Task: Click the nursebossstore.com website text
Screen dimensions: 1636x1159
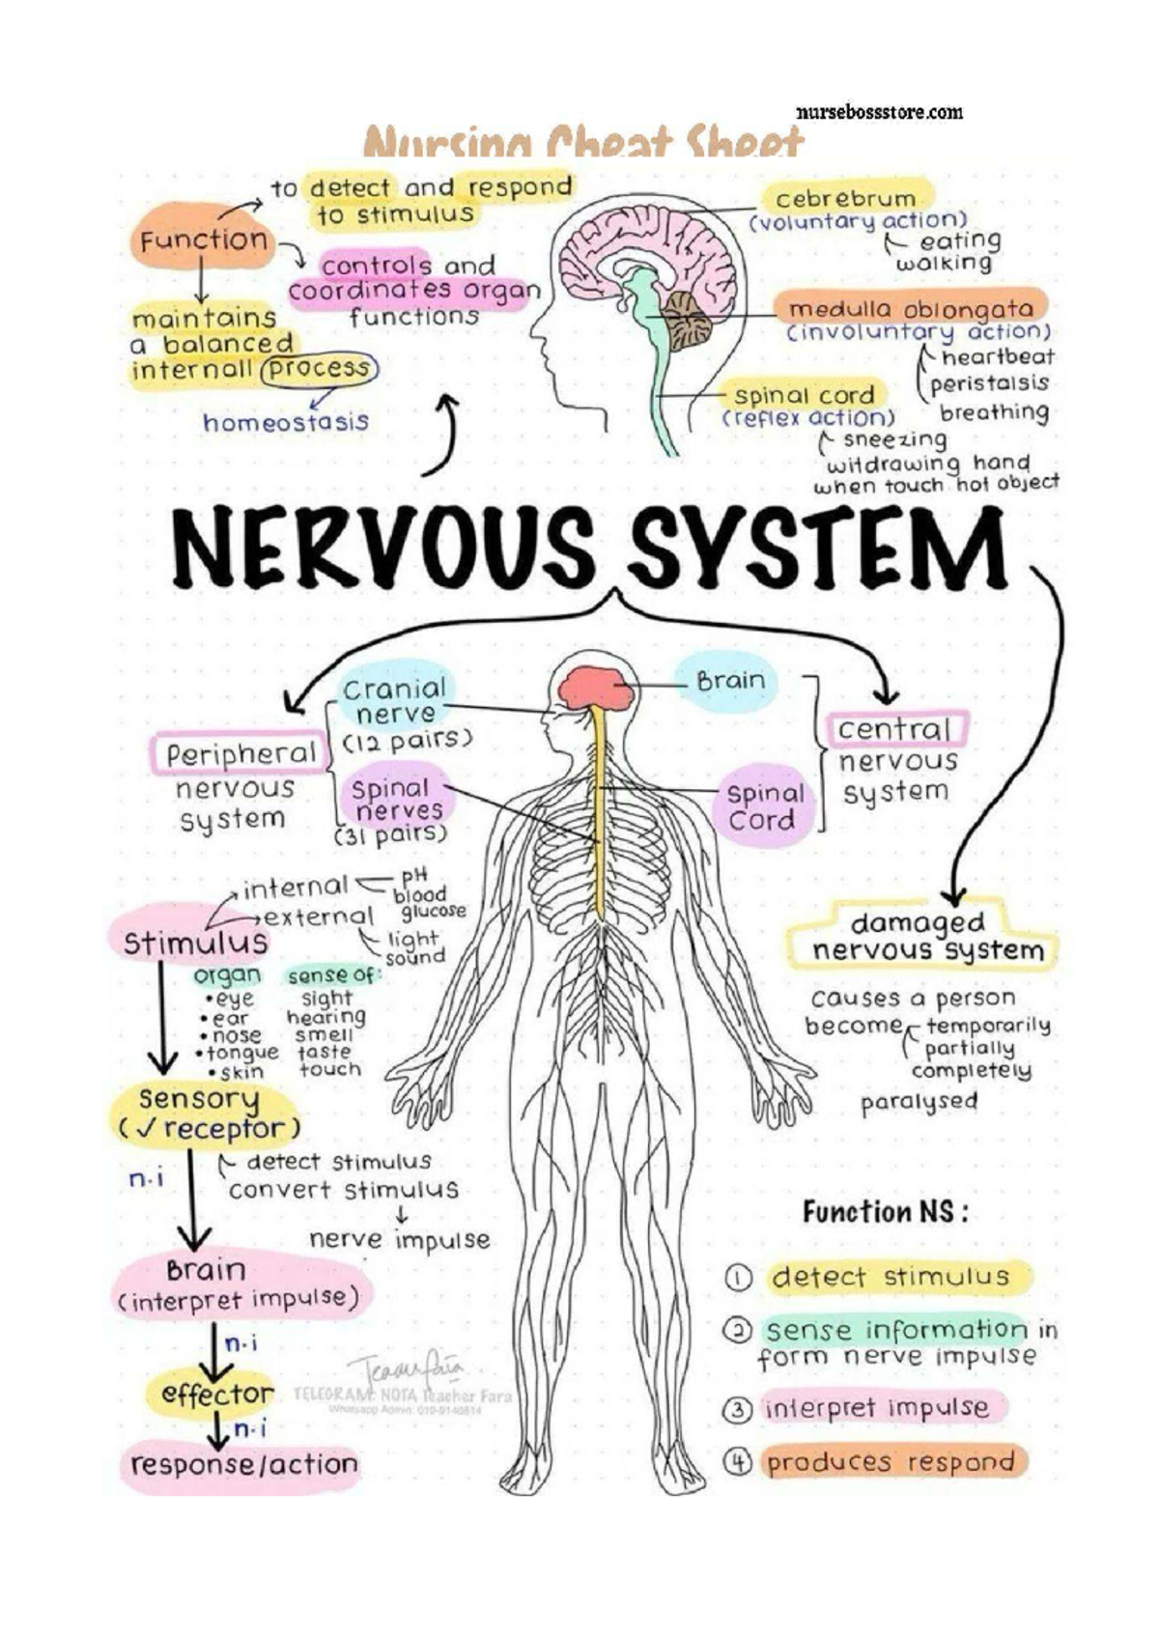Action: (x=879, y=112)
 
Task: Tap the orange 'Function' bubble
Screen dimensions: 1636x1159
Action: (x=203, y=240)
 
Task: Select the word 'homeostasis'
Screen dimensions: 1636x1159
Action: (x=286, y=422)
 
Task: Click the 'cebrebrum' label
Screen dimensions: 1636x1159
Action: (x=845, y=199)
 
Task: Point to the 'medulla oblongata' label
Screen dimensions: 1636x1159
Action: (x=911, y=309)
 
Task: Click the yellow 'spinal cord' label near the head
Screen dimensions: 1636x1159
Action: (x=804, y=395)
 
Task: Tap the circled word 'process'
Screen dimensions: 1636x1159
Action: (x=319, y=369)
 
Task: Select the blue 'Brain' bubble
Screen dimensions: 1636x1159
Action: (x=729, y=681)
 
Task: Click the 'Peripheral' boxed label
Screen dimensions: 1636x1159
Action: (x=240, y=754)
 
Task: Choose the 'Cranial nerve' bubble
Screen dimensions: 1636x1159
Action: (x=394, y=701)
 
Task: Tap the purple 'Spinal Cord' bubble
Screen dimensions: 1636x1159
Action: (x=764, y=806)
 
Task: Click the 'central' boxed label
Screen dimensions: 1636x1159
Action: (x=893, y=729)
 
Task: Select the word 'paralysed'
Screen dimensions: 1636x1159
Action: (x=919, y=1102)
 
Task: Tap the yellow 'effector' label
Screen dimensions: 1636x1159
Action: (x=217, y=1394)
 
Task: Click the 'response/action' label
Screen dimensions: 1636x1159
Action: (x=243, y=1465)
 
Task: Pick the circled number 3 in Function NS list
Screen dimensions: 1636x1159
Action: (x=737, y=1409)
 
